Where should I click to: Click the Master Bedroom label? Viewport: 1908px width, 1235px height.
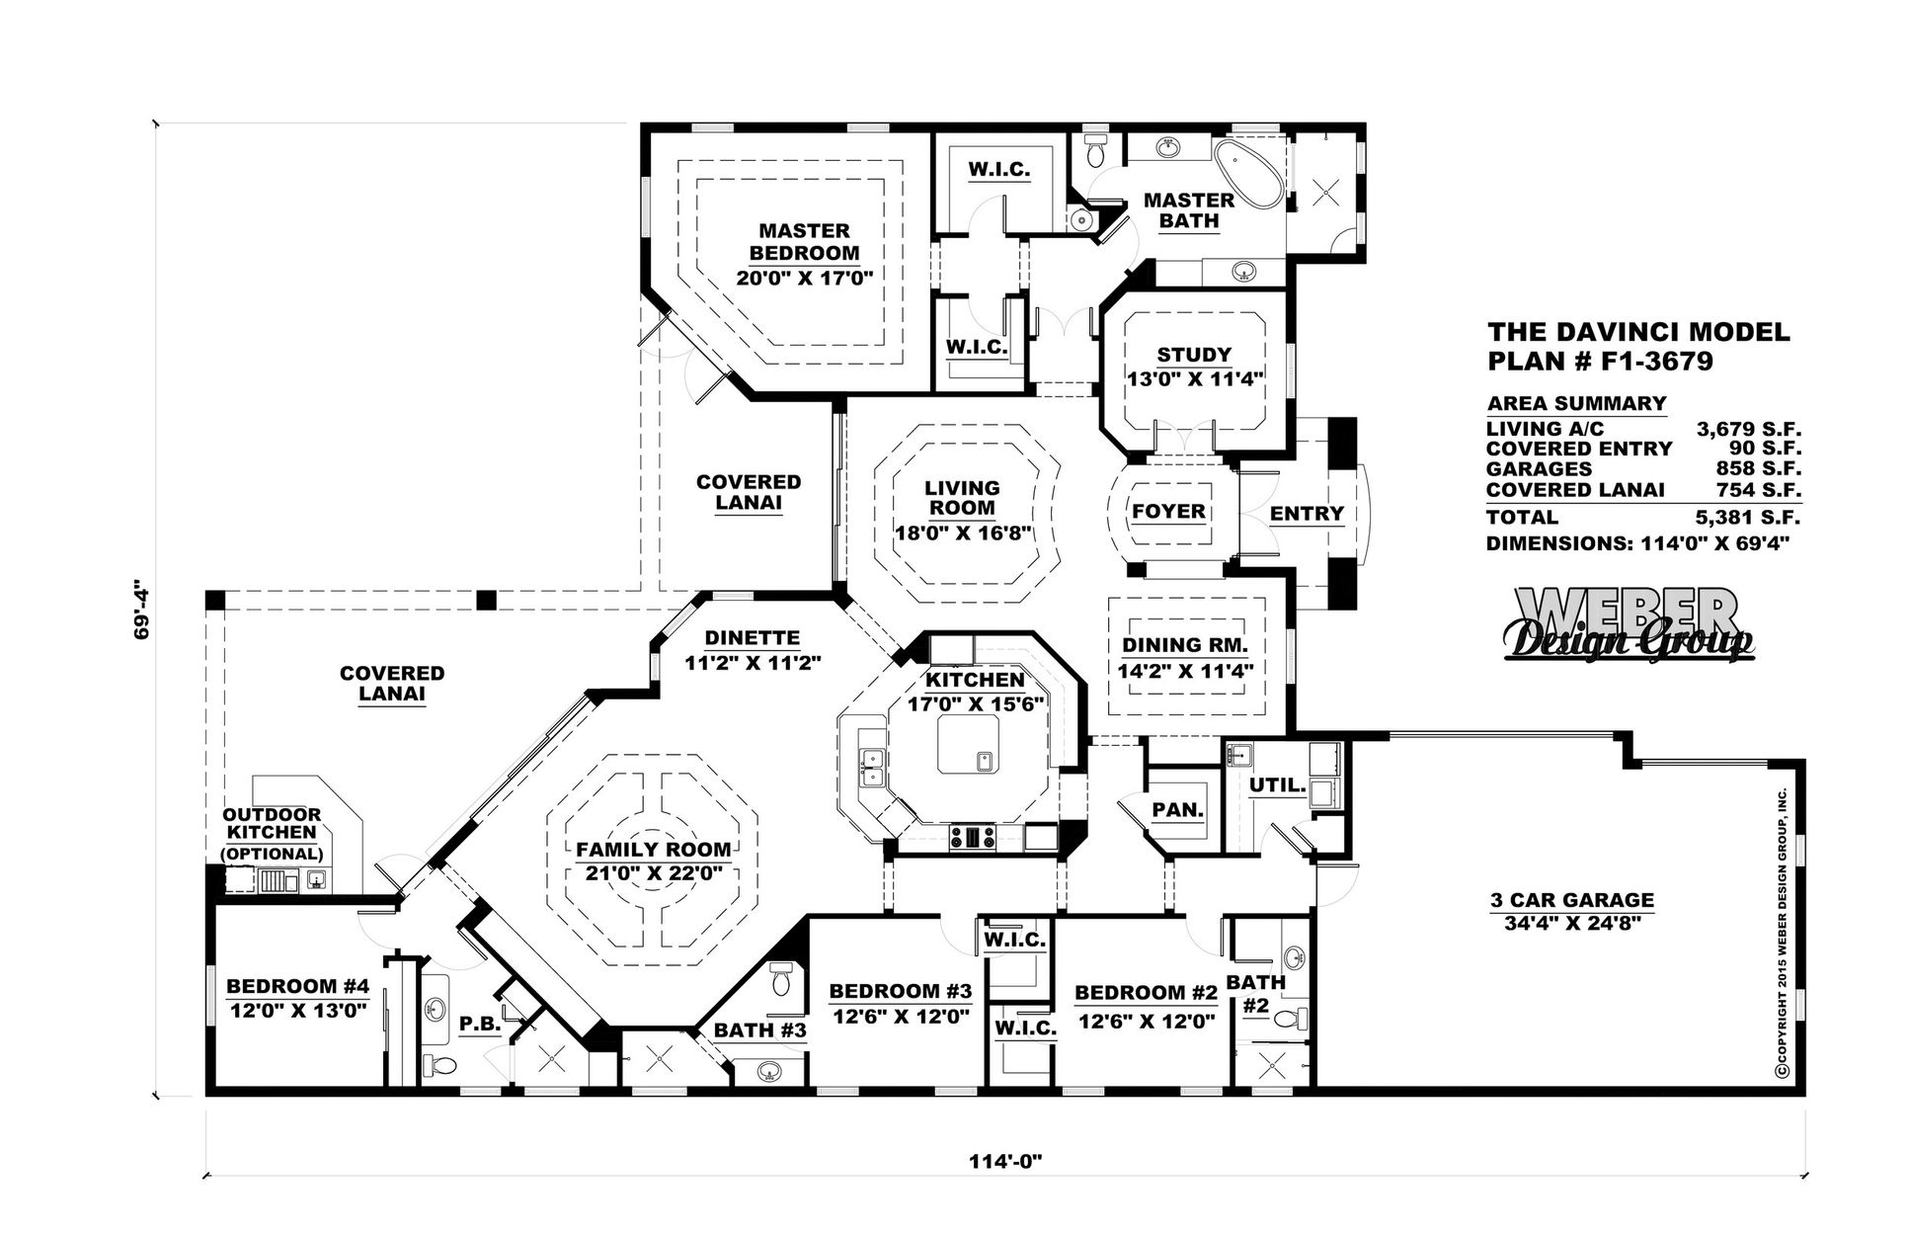point(804,241)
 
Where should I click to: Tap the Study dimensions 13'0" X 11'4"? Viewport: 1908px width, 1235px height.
point(1195,378)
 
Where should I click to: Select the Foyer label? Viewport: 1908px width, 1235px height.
point(1168,512)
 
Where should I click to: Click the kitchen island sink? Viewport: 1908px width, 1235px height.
point(985,761)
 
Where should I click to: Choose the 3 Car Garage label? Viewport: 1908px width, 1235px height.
point(1571,900)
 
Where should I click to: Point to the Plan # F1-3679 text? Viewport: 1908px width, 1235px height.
point(1600,362)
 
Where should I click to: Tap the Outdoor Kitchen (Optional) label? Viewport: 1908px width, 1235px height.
point(272,834)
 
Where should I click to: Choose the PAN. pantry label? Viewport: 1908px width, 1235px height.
point(1177,810)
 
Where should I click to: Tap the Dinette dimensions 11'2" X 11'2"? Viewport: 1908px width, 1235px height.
point(753,664)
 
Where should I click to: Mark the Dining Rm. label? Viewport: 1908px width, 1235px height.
point(1185,646)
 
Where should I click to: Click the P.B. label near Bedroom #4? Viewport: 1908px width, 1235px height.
point(480,1025)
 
